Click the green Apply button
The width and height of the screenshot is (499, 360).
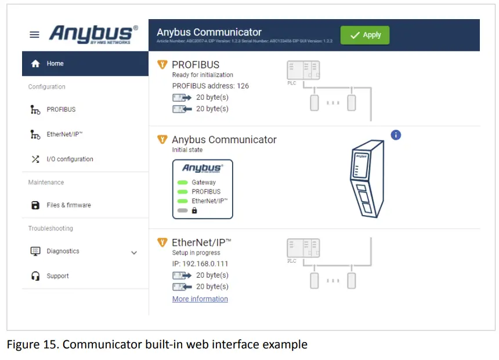(x=365, y=35)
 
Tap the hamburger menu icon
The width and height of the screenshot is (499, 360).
(x=35, y=35)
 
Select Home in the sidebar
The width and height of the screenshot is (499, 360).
(x=55, y=64)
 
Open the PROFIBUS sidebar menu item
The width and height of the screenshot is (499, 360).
(x=61, y=110)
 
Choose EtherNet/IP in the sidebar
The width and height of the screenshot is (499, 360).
(x=64, y=134)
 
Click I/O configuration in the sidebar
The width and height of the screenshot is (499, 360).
(x=70, y=159)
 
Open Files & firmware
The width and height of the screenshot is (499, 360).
(x=68, y=205)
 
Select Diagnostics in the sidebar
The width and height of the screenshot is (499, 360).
(x=63, y=252)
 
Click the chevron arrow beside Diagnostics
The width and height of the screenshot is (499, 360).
(x=134, y=253)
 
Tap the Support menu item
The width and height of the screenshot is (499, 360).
(x=57, y=277)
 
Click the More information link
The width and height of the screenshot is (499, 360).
(x=200, y=299)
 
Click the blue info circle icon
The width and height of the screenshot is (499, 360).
(x=396, y=135)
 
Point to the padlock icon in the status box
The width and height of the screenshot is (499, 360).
(x=194, y=210)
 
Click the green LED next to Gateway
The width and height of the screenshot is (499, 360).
(x=183, y=183)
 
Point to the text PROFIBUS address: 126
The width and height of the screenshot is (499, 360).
(x=211, y=86)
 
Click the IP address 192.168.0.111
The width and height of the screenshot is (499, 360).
(x=200, y=264)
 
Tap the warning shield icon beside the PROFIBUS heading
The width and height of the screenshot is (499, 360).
(x=162, y=64)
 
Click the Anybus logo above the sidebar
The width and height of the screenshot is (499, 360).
(x=93, y=34)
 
